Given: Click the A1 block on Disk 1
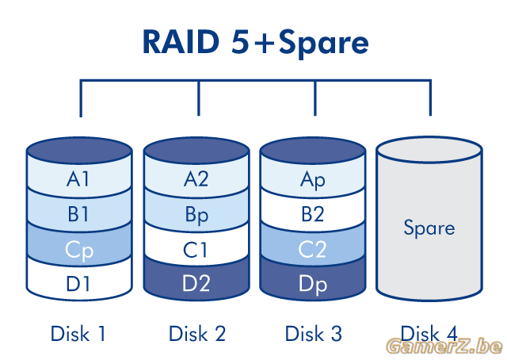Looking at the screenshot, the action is pyautogui.click(x=79, y=178).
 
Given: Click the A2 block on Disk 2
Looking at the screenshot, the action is pyautogui.click(x=196, y=178).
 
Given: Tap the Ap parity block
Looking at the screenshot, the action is pyautogui.click(x=313, y=178).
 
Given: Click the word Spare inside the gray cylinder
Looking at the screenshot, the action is pyautogui.click(x=429, y=228).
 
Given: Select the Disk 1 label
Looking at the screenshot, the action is pyautogui.click(x=78, y=334).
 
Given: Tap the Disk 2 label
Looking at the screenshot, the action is pyautogui.click(x=197, y=334).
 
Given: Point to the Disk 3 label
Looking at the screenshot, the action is pyautogui.click(x=313, y=334).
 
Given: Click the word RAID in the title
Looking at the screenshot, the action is pyautogui.click(x=181, y=42).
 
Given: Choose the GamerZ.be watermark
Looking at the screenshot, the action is pyautogui.click(x=445, y=347).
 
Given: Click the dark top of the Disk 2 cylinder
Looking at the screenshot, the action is pyautogui.click(x=196, y=151).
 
